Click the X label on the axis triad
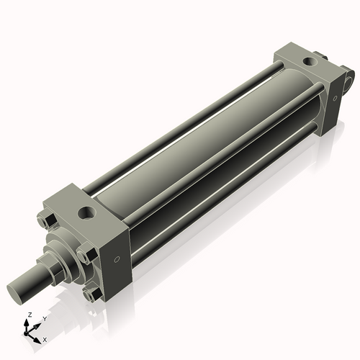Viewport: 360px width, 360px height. [45, 338]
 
